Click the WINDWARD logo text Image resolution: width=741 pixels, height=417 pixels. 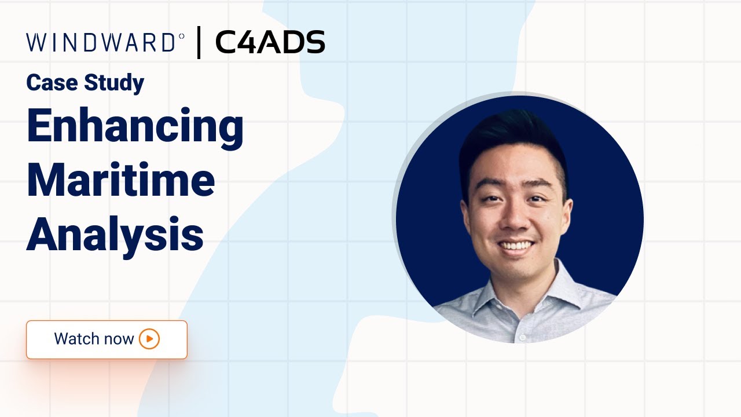tap(101, 43)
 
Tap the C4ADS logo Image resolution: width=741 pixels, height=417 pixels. tap(270, 43)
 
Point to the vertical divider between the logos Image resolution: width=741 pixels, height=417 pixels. tap(199, 43)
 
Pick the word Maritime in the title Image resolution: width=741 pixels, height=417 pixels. tap(120, 181)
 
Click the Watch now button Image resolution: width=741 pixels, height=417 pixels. tap(107, 339)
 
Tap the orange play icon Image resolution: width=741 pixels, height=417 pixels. tap(149, 339)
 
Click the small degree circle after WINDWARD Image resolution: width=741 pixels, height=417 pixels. tap(181, 36)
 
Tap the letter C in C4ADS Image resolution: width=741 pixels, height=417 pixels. tap(227, 43)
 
